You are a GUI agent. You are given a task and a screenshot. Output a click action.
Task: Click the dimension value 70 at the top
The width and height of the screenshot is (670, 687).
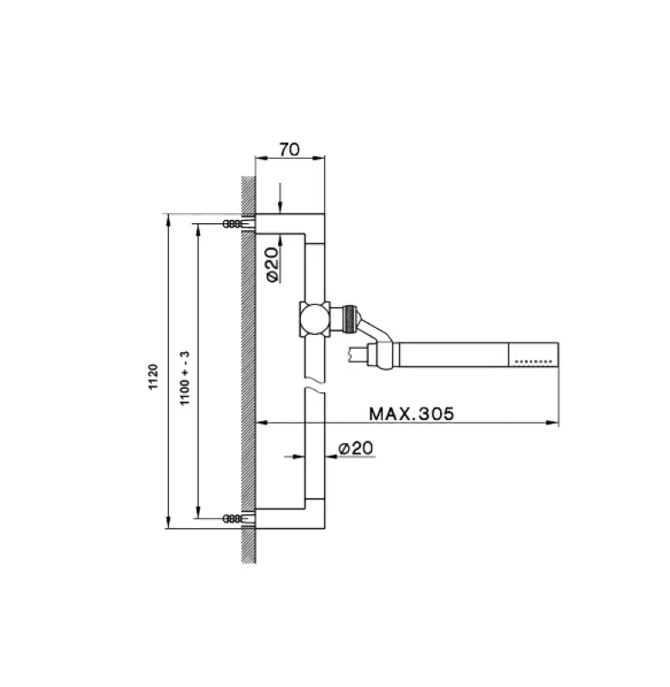289,149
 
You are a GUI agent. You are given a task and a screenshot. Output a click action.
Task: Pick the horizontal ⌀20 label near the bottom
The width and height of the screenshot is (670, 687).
354,448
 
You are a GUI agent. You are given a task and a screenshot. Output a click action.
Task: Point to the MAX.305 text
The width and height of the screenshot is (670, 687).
410,413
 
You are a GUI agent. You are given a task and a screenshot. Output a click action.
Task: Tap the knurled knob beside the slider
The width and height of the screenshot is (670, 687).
349,317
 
